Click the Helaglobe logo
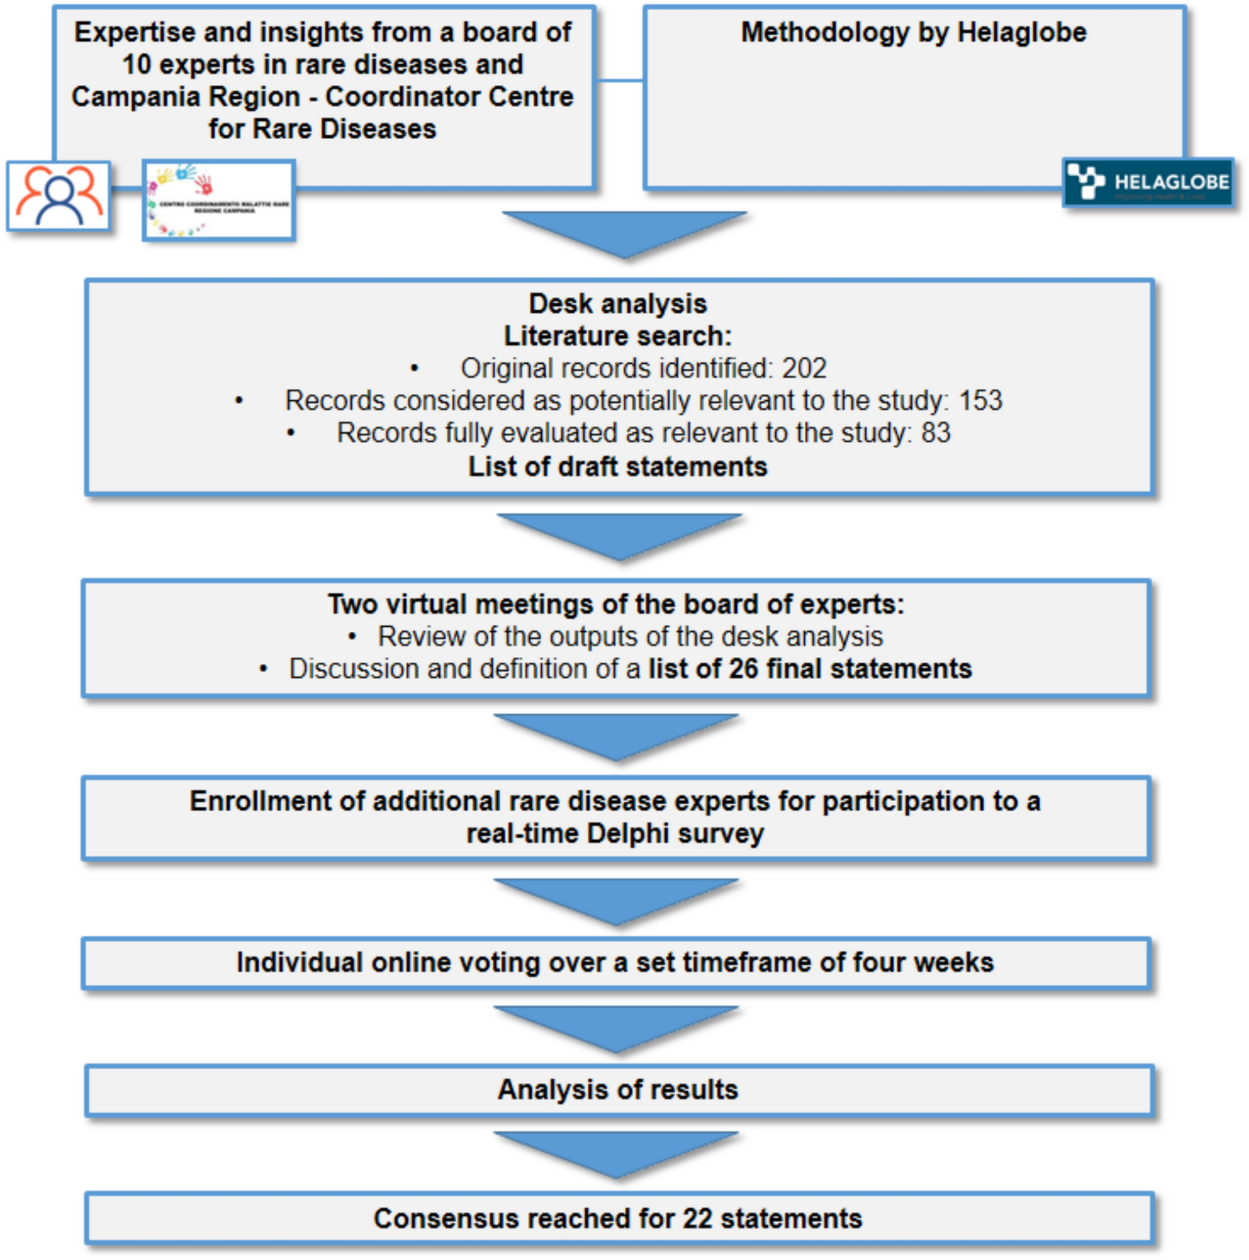(x=1148, y=183)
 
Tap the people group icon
(x=59, y=197)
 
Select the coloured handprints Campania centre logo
(x=218, y=200)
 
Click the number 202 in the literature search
(x=804, y=368)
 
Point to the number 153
(x=980, y=400)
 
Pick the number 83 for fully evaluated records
(x=935, y=433)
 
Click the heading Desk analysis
(x=617, y=304)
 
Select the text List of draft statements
(x=617, y=467)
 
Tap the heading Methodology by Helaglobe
(x=913, y=33)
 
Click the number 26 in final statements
(x=742, y=669)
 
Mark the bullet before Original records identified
(x=414, y=369)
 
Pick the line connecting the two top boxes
(x=619, y=81)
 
